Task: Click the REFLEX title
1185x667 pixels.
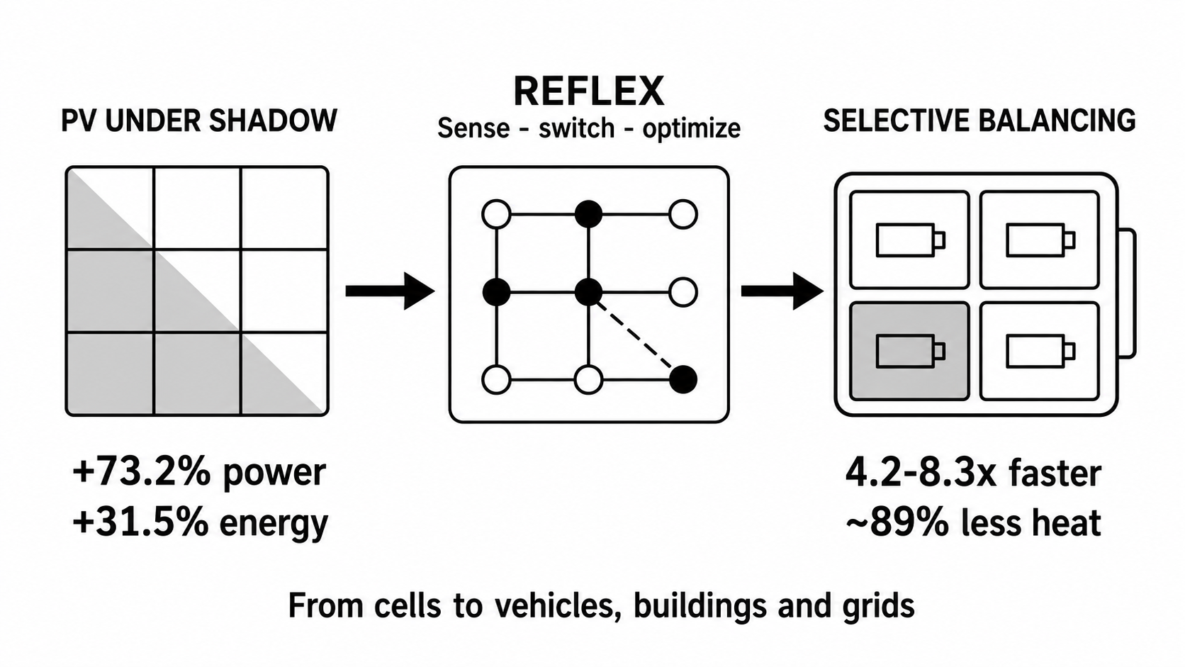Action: pos(588,91)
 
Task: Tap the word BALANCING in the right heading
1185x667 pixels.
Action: pos(1056,120)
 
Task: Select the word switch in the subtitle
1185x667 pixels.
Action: pos(577,128)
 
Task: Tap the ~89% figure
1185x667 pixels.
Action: pos(897,522)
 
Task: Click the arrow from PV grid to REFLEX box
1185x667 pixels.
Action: pos(390,291)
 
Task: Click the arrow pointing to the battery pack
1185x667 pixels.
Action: pos(782,291)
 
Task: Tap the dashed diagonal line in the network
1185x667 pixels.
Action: pos(635,335)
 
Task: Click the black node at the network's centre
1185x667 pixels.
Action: pos(588,291)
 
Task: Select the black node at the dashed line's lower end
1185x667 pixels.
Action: pos(683,379)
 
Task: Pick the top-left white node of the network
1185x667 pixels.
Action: pos(496,214)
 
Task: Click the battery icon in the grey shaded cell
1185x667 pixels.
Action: pos(911,351)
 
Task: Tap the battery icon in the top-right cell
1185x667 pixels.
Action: pos(1040,240)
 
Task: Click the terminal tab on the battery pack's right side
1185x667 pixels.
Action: pos(1127,293)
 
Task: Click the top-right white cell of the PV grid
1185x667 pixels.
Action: pos(284,208)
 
